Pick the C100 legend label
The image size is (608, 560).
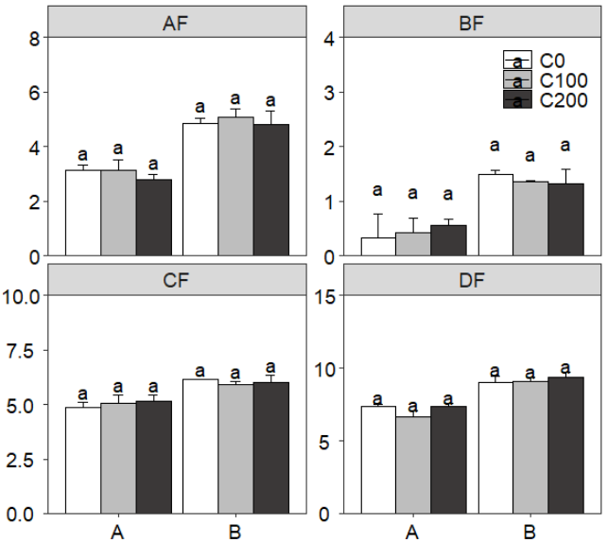tap(563, 80)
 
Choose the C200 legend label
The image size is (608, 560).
tap(563, 100)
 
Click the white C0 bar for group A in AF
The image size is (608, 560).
tap(82, 213)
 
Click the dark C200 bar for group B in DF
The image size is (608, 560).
tap(565, 446)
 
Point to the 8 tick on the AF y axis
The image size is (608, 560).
tap(34, 39)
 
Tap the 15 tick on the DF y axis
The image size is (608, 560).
tap(325, 296)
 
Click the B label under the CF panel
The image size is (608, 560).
tap(235, 534)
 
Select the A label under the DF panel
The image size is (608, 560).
tap(412, 534)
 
